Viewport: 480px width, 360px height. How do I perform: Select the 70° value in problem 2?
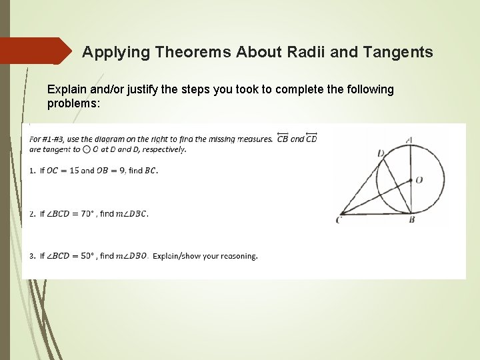87,214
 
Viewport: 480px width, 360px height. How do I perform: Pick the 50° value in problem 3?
87,256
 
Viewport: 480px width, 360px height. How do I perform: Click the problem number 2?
32,214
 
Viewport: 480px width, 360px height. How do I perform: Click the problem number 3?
32,256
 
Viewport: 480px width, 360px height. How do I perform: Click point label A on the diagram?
409,139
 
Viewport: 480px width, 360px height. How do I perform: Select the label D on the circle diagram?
380,153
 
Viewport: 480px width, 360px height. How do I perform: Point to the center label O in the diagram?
419,180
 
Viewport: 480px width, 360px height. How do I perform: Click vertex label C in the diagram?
339,220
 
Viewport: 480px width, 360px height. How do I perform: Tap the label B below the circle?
411,219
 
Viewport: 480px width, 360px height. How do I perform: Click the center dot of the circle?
410,179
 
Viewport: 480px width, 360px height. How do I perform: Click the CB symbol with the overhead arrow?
282,138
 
